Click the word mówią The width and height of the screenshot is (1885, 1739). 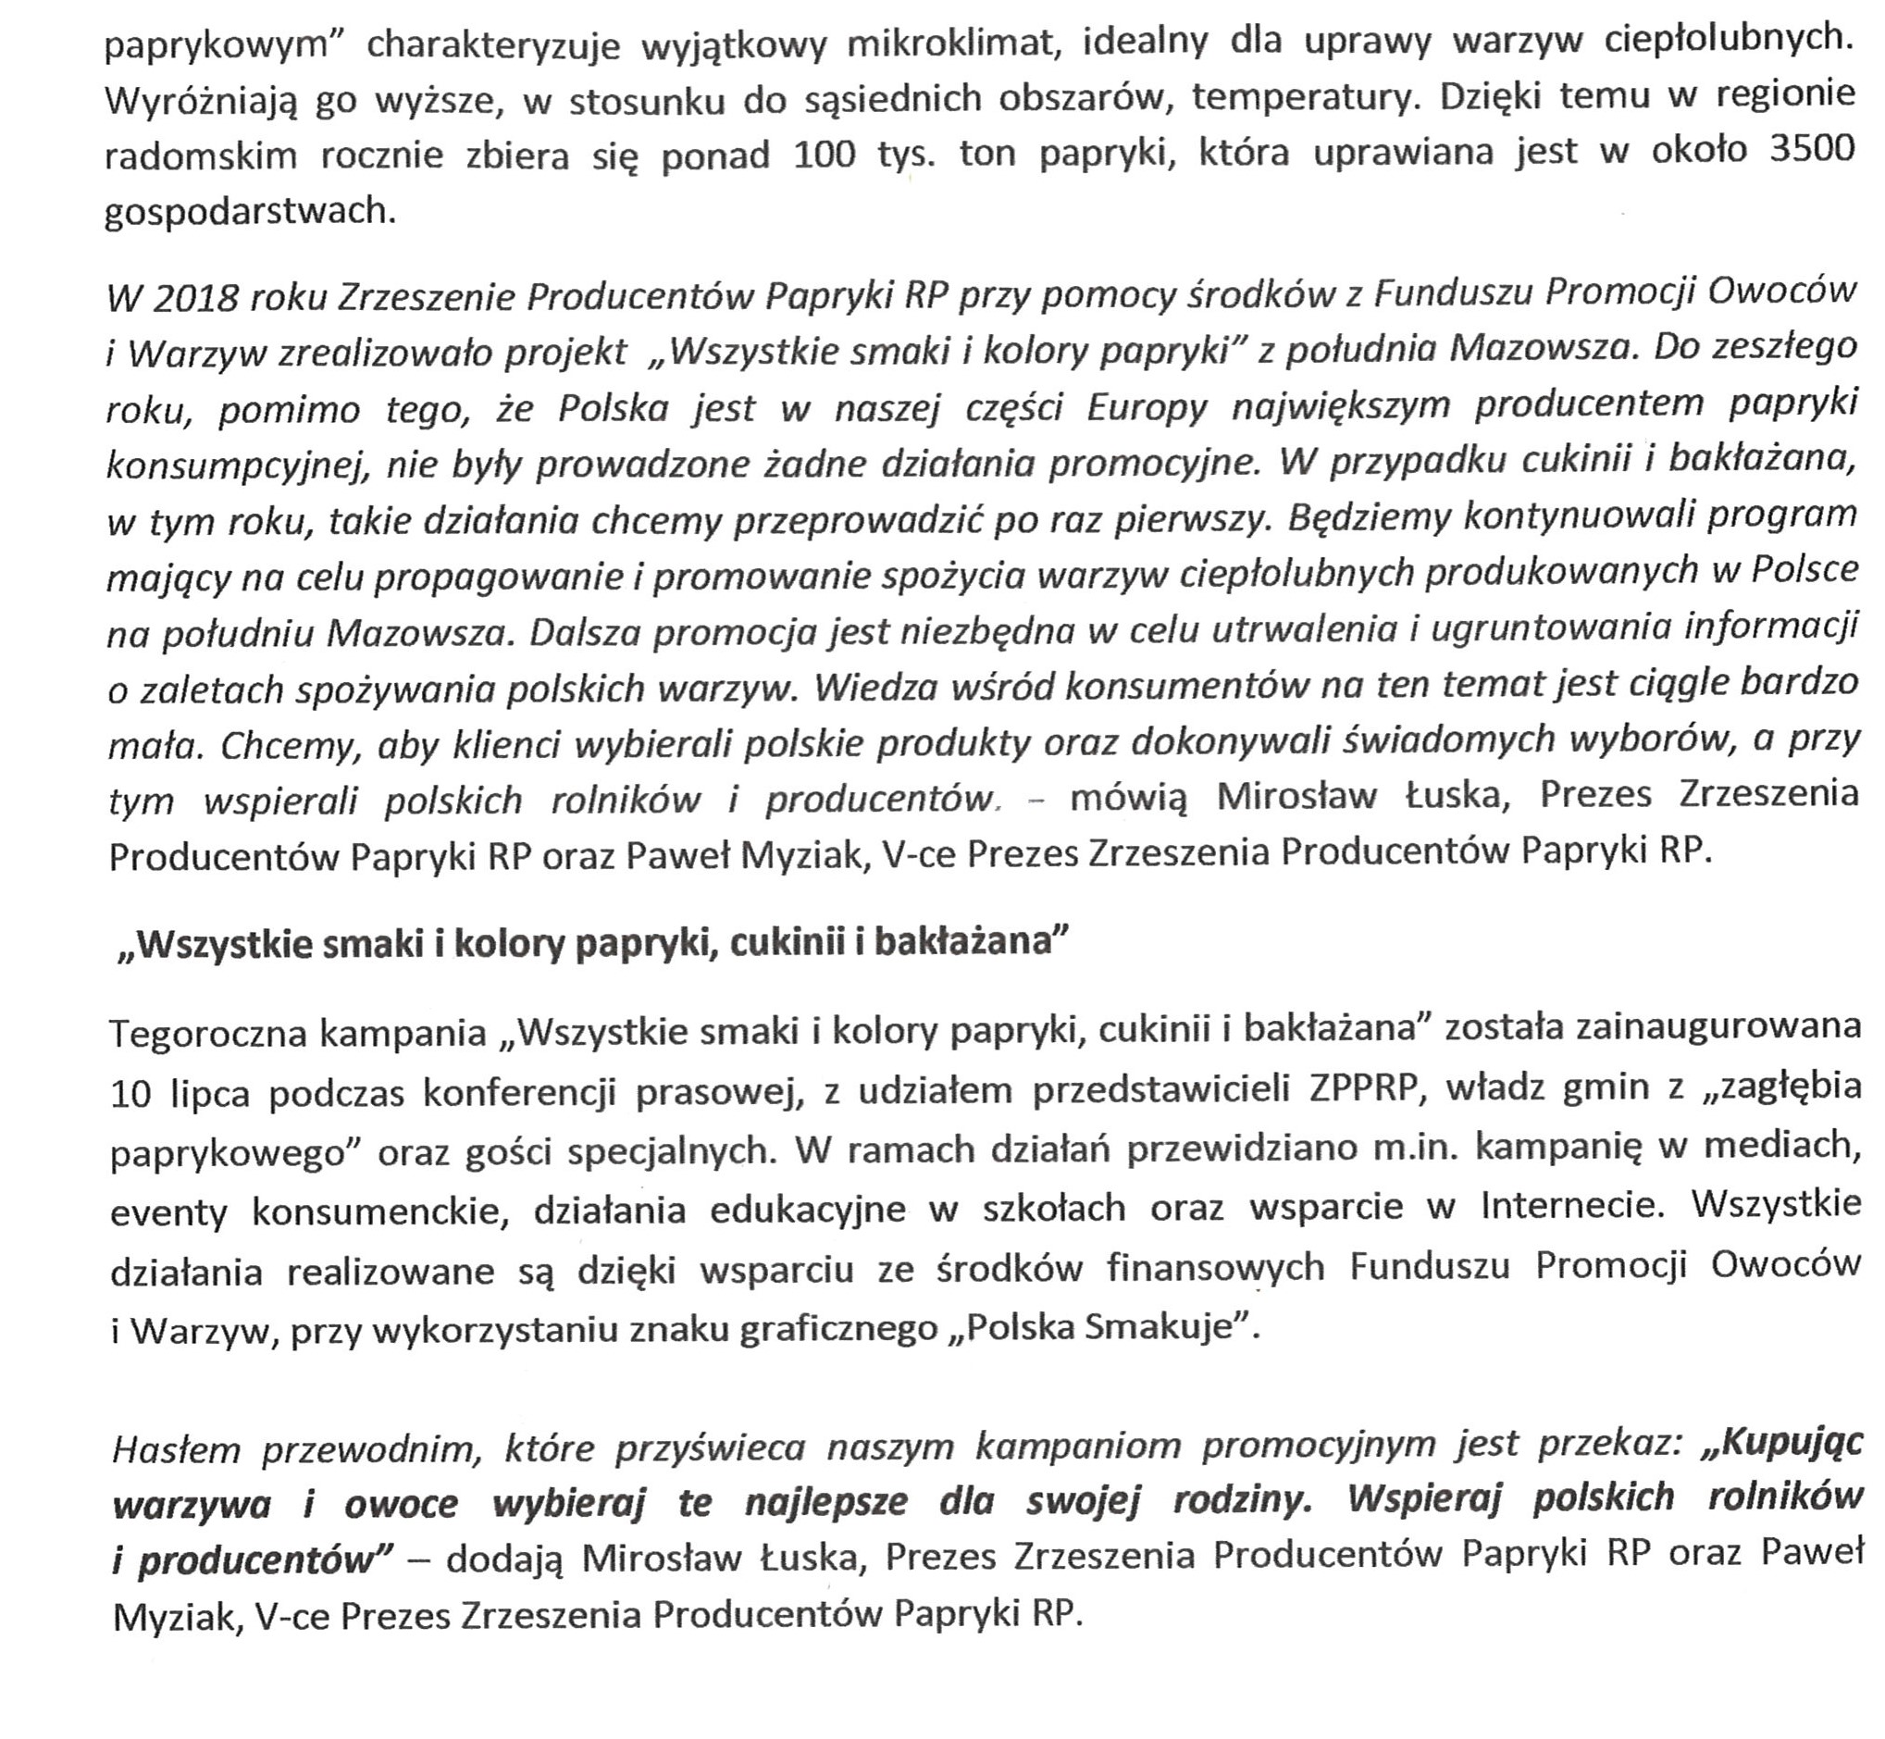[x=1128, y=798]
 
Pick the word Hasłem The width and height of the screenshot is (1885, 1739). [x=175, y=1450]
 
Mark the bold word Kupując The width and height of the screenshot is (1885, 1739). [x=1783, y=1445]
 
